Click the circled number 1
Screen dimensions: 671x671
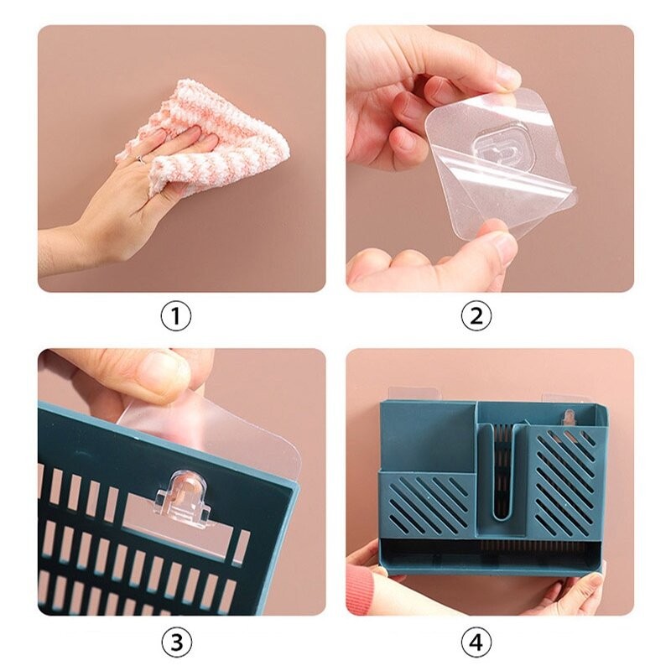[x=176, y=317]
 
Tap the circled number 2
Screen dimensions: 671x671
[x=476, y=317]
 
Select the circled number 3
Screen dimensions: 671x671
[x=176, y=642]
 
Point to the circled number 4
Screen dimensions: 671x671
[x=476, y=642]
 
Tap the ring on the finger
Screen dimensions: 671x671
[x=140, y=159]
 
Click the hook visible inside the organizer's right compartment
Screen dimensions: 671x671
[x=569, y=418]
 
